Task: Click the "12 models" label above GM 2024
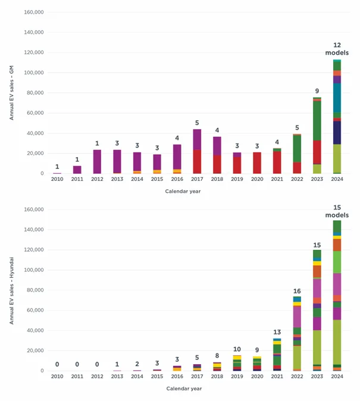coord(337,49)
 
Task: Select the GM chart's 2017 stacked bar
coord(197,151)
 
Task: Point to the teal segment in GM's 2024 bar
coord(337,98)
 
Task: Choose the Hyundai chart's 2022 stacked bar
coord(297,333)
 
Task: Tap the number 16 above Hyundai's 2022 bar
coord(297,291)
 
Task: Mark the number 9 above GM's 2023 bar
coord(317,91)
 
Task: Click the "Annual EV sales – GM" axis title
coord(11,93)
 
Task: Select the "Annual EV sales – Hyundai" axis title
coord(11,290)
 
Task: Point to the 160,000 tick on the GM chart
coord(34,12)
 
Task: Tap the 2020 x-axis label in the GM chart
coord(257,178)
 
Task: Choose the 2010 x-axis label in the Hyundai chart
coord(57,376)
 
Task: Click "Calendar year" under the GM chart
coord(183,191)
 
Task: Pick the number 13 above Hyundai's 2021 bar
coord(277,332)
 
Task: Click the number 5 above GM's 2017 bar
coord(197,123)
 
